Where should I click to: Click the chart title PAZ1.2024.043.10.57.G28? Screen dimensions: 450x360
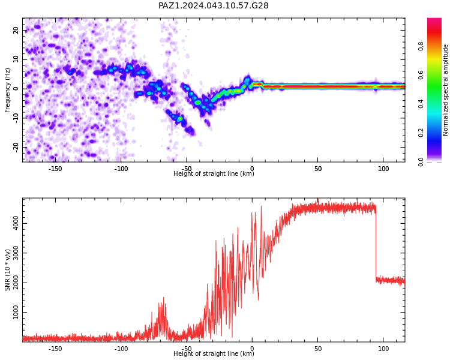(213, 5)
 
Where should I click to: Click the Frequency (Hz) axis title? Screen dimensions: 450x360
(7, 90)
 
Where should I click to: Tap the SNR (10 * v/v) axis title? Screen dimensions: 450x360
(7, 270)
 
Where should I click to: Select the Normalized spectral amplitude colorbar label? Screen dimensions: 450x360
(445, 90)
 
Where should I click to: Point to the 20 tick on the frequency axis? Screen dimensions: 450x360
(16, 30)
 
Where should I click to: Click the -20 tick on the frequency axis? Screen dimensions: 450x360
(16, 148)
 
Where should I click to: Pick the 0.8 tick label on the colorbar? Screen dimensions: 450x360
(421, 46)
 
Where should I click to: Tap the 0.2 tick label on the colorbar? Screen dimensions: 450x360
(421, 133)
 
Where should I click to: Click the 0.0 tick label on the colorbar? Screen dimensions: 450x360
(421, 162)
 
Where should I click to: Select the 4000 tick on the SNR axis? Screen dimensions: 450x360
(16, 223)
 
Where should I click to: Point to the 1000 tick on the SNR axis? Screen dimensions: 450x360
(16, 313)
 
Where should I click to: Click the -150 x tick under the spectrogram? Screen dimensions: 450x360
(55, 169)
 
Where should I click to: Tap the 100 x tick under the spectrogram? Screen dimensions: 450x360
(383, 169)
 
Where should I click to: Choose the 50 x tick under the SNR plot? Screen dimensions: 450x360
(317, 349)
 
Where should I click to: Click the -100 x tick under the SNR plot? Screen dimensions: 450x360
(121, 349)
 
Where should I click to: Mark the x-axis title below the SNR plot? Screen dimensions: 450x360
(214, 353)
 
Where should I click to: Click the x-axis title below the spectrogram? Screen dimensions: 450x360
(214, 173)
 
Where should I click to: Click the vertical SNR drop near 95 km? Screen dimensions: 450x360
(376, 244)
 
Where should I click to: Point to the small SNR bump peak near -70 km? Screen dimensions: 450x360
(164, 298)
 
